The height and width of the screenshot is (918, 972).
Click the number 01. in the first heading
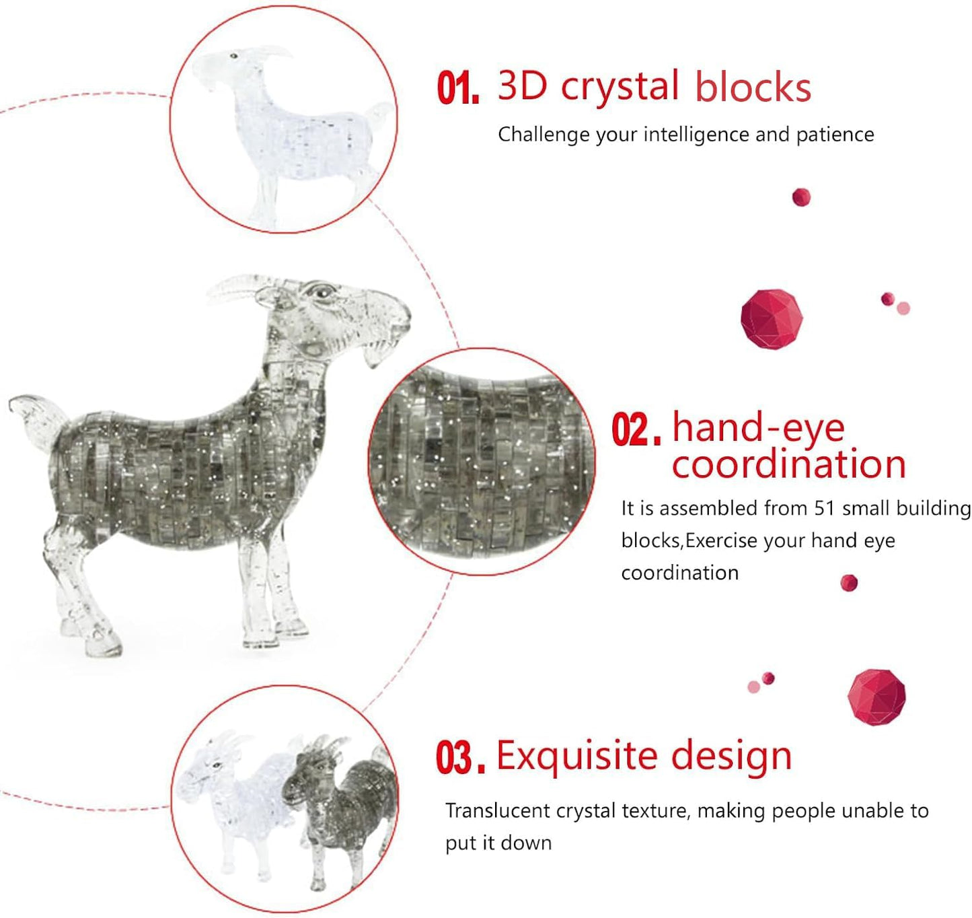tap(457, 87)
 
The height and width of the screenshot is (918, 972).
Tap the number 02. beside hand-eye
tap(636, 429)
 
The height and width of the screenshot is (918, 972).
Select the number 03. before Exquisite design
tap(461, 758)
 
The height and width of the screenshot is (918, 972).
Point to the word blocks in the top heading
tap(753, 87)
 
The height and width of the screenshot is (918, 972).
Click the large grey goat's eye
tap(321, 293)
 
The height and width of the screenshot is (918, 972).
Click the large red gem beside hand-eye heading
tap(772, 319)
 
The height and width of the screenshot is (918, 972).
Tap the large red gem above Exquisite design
tap(876, 697)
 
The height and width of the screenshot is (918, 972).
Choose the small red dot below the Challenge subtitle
tap(801, 197)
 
